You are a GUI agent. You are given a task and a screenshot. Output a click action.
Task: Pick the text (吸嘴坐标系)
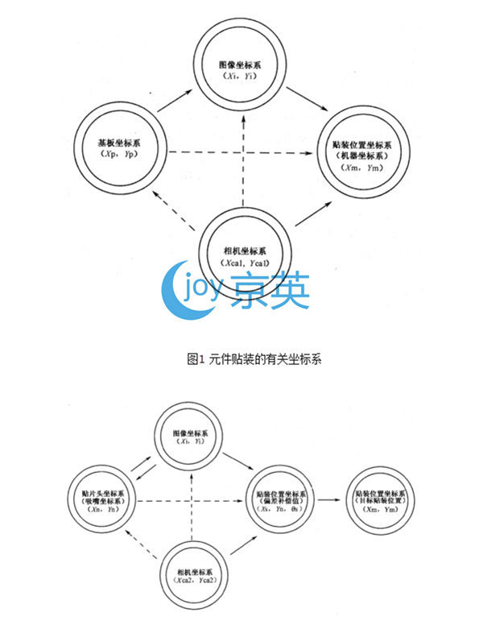[107, 499]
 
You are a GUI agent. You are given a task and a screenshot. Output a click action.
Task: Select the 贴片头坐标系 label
[107, 490]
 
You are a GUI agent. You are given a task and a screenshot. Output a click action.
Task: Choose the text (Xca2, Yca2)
[193, 579]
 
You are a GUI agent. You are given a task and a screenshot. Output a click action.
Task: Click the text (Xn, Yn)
[107, 508]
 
